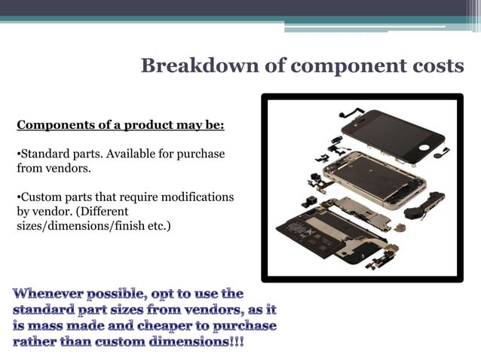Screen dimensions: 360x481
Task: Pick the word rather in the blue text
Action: (36, 343)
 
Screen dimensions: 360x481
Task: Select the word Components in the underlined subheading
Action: (48, 124)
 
